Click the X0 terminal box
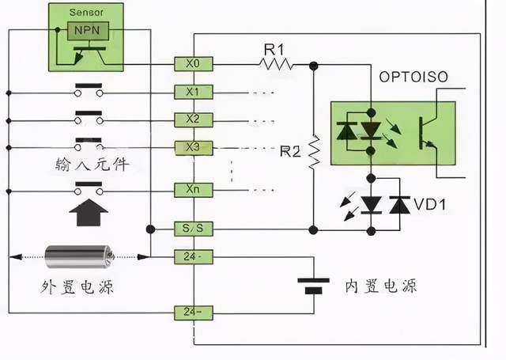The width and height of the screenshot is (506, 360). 194,63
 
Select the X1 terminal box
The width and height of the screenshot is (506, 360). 194,91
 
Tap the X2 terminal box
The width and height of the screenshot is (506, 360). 194,119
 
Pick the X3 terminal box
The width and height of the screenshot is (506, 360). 194,148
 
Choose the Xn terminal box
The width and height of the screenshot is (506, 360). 194,190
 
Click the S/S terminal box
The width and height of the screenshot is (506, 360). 194,229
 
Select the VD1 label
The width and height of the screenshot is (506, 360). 432,206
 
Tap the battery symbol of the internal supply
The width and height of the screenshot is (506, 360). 314,284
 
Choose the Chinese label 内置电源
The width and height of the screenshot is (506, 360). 381,286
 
